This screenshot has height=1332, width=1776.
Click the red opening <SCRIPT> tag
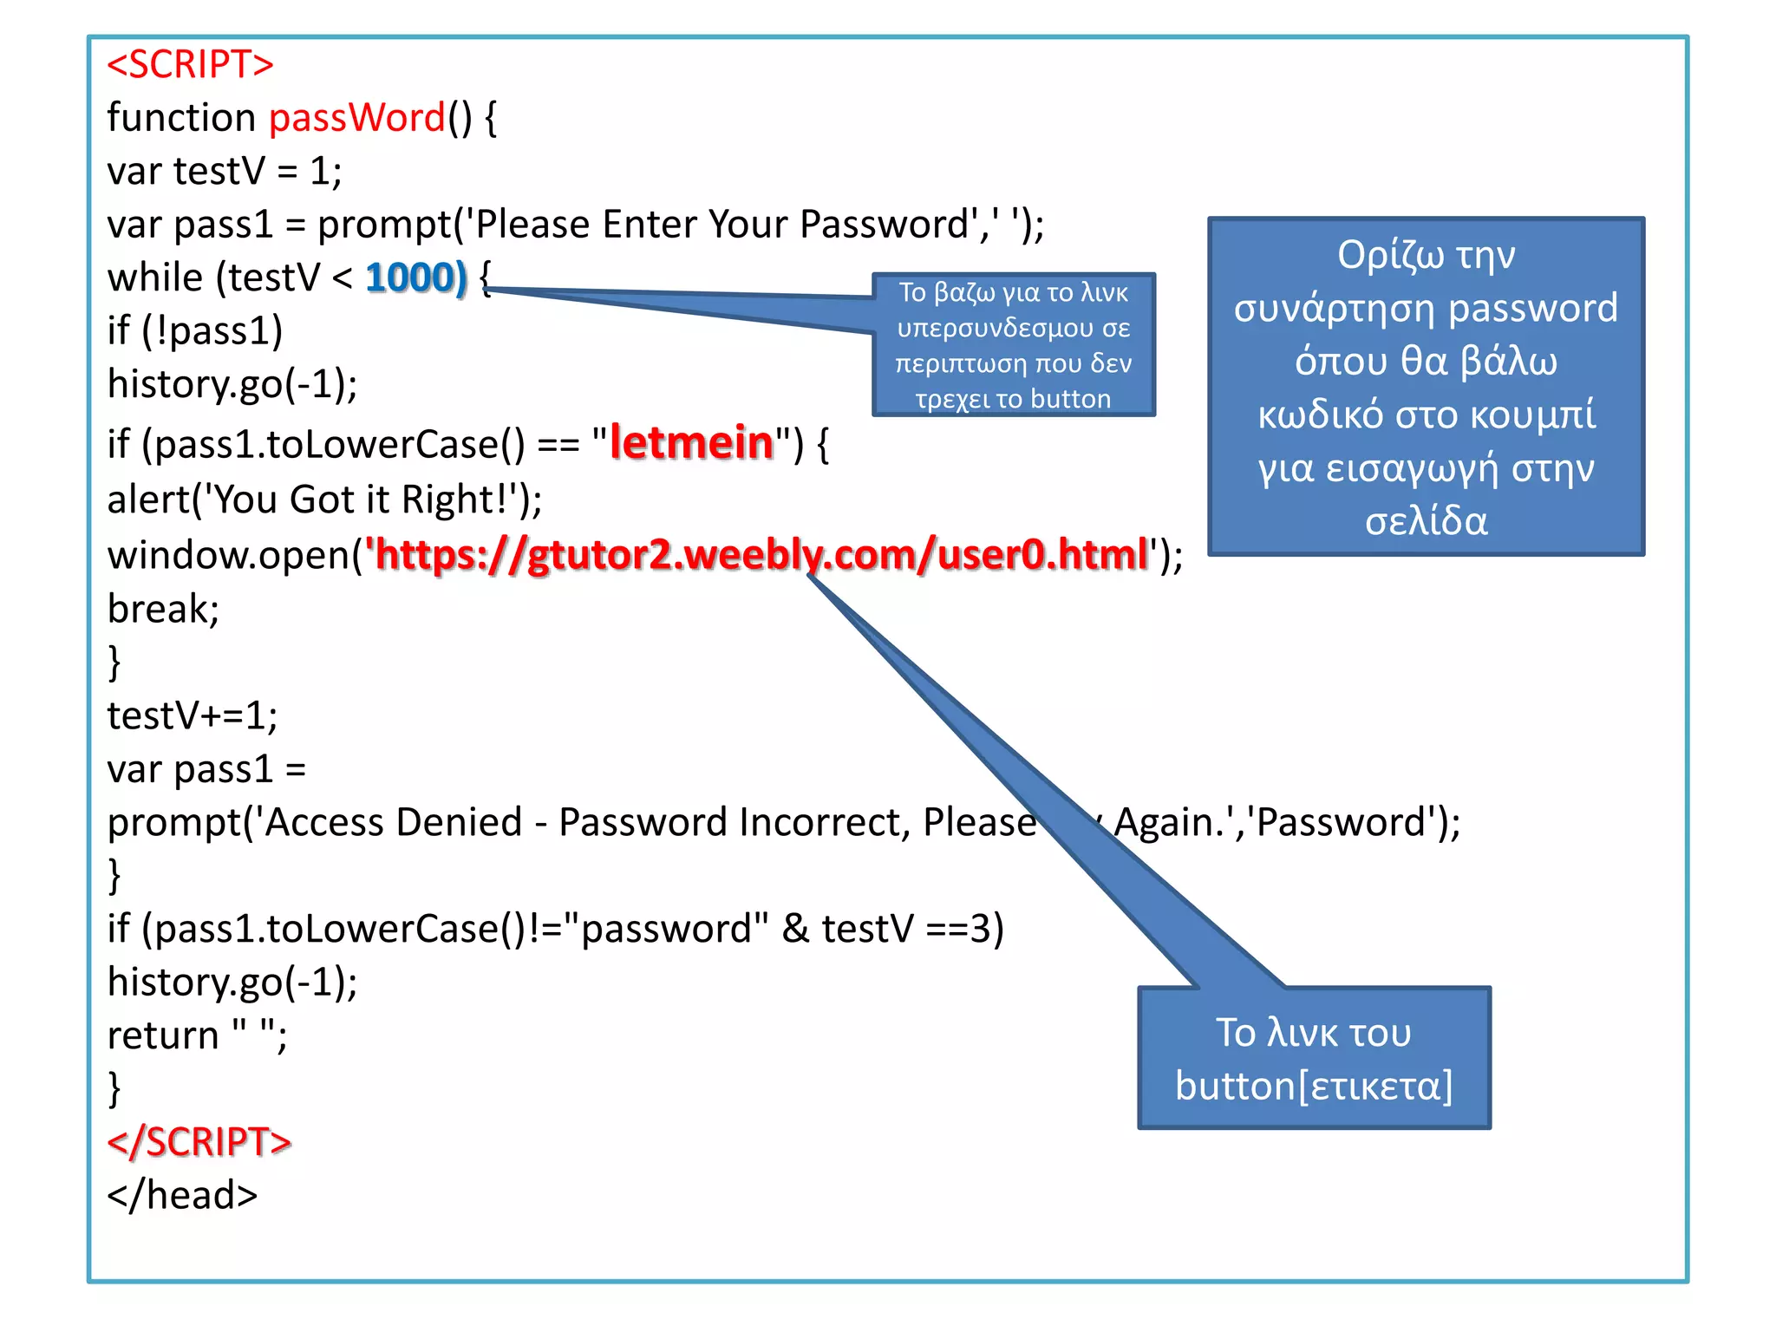[x=190, y=65]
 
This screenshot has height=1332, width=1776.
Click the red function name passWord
[x=357, y=118]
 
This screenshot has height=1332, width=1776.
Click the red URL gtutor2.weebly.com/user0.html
[x=761, y=554]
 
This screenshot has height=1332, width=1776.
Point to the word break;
[x=163, y=609]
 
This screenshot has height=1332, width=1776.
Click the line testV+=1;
[x=193, y=715]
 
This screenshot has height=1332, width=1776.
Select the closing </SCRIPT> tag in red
[x=199, y=1141]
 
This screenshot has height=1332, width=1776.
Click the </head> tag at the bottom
[x=182, y=1195]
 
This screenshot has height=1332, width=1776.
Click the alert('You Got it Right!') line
[x=324, y=499]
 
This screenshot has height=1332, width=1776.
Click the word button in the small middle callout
[x=1070, y=399]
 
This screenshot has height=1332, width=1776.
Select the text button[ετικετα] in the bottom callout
[x=1313, y=1086]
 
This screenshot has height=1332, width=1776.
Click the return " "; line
[x=197, y=1035]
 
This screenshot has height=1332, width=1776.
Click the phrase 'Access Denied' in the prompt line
[x=392, y=822]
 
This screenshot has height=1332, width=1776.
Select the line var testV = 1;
[x=224, y=171]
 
